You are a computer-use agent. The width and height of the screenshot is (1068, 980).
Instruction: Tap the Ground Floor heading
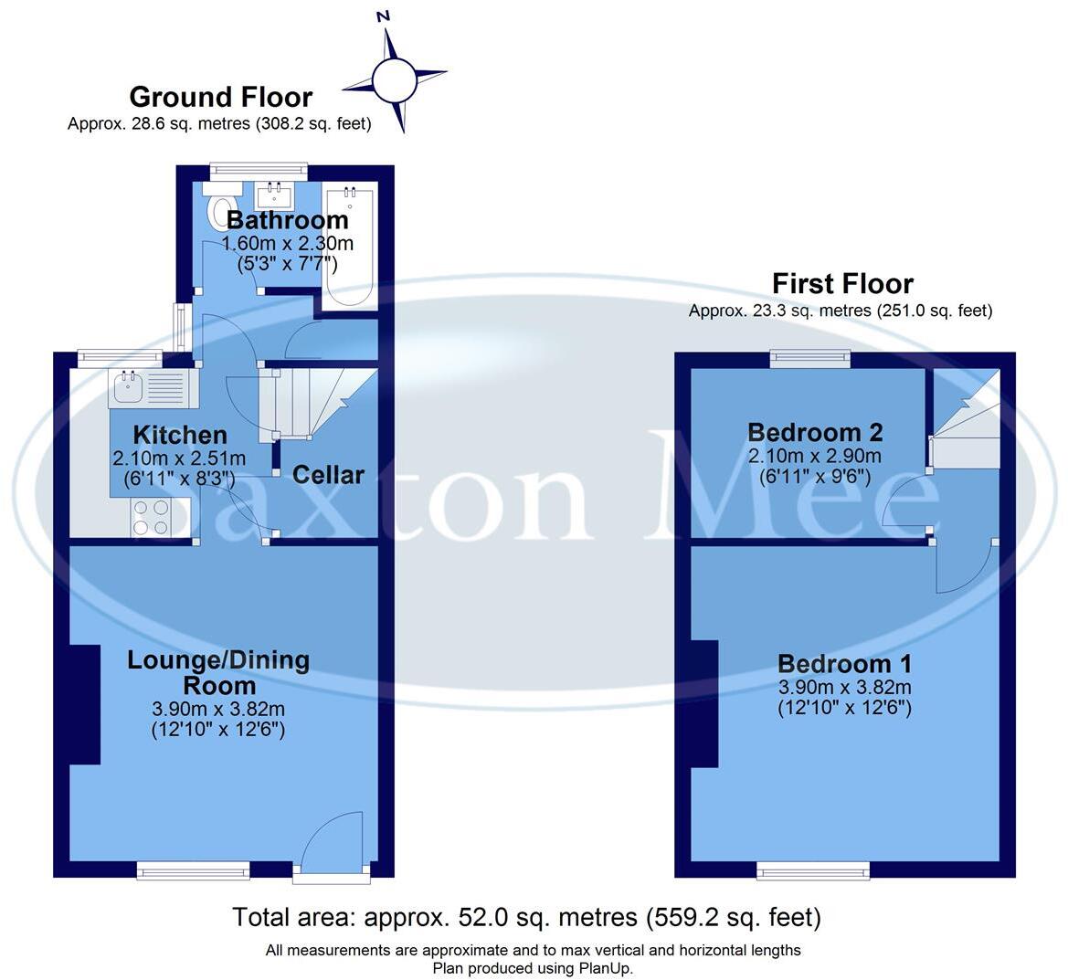[220, 97]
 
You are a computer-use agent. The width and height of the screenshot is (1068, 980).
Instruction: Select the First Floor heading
[842, 283]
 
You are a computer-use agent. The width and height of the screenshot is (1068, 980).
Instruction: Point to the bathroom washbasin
[274, 195]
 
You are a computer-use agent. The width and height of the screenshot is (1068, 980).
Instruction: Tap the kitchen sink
[128, 388]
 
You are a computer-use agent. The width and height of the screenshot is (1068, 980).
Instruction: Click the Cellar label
[328, 475]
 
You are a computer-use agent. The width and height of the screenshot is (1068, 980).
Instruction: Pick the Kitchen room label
[180, 435]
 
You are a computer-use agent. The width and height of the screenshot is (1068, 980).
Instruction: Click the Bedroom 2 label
[816, 432]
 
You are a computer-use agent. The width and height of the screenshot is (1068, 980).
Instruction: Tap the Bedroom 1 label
[844, 664]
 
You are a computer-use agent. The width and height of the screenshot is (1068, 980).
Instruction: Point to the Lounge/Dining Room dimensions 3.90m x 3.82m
[218, 709]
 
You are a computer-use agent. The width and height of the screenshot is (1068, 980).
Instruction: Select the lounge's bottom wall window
[193, 870]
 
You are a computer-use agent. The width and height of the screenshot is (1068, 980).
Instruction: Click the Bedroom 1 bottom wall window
[813, 871]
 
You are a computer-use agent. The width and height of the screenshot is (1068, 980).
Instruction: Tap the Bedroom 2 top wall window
[810, 359]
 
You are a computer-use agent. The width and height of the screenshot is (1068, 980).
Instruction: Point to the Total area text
[526, 917]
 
